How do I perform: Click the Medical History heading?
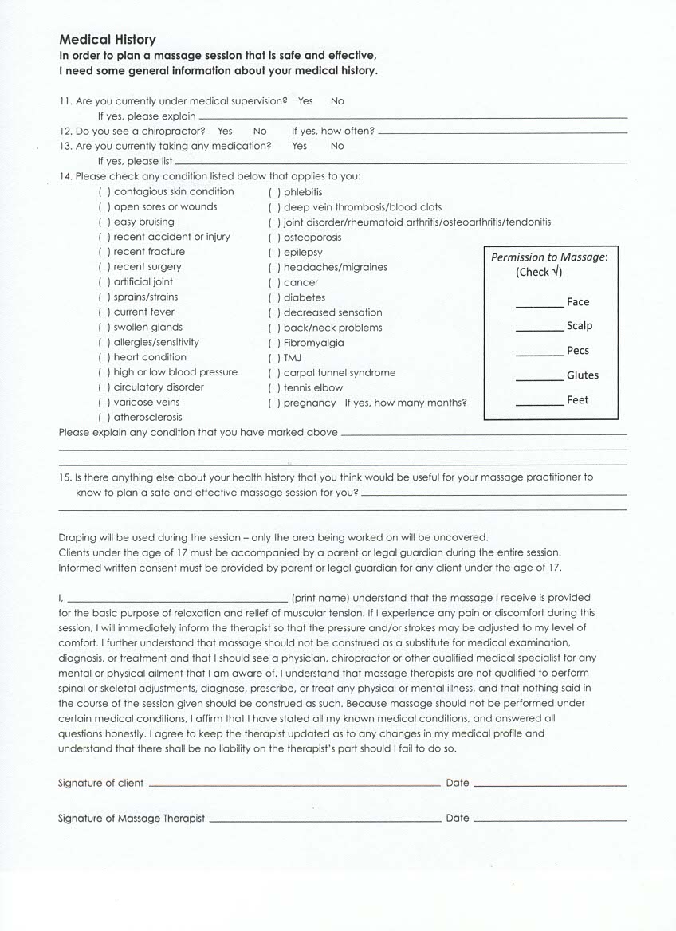tap(108, 40)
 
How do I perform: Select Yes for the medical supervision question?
tap(305, 101)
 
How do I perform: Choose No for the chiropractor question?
tap(260, 131)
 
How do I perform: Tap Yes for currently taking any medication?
tap(299, 146)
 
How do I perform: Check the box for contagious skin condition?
tap(104, 192)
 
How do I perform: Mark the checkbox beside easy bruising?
tap(104, 222)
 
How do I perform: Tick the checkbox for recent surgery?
tap(104, 267)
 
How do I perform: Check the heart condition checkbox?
tap(104, 357)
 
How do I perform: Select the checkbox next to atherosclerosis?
tap(104, 418)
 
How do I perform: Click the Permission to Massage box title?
tap(549, 257)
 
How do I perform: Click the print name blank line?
tap(178, 599)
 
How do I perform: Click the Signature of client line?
tap(294, 785)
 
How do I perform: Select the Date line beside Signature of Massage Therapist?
tap(550, 820)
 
